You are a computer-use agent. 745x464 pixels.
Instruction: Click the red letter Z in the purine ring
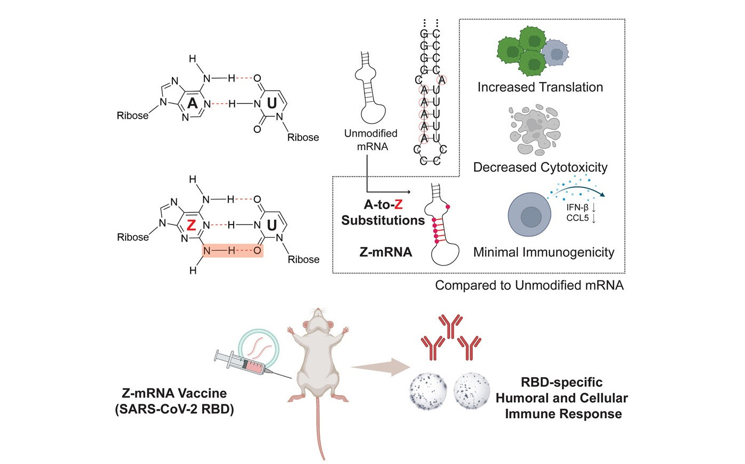[x=192, y=225]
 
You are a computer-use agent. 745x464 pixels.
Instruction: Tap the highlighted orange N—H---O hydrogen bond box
[x=233, y=250]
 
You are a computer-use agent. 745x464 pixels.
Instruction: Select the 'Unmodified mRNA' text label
[x=371, y=140]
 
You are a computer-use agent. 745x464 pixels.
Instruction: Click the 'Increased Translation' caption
[x=540, y=87]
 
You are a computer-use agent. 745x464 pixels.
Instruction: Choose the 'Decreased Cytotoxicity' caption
[x=540, y=167]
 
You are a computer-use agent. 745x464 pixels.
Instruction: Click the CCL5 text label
[x=577, y=218]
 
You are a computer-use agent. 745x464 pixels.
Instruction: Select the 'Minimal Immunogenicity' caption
[x=544, y=252]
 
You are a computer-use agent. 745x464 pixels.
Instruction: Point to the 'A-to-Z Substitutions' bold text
[x=383, y=212]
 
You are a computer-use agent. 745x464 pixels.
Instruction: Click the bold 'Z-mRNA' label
[x=386, y=252]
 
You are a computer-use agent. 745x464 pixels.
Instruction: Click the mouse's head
[x=317, y=324]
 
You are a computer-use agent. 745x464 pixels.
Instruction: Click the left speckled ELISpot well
[x=429, y=391]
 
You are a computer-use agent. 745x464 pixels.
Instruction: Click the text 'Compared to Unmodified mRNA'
[x=529, y=285]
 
